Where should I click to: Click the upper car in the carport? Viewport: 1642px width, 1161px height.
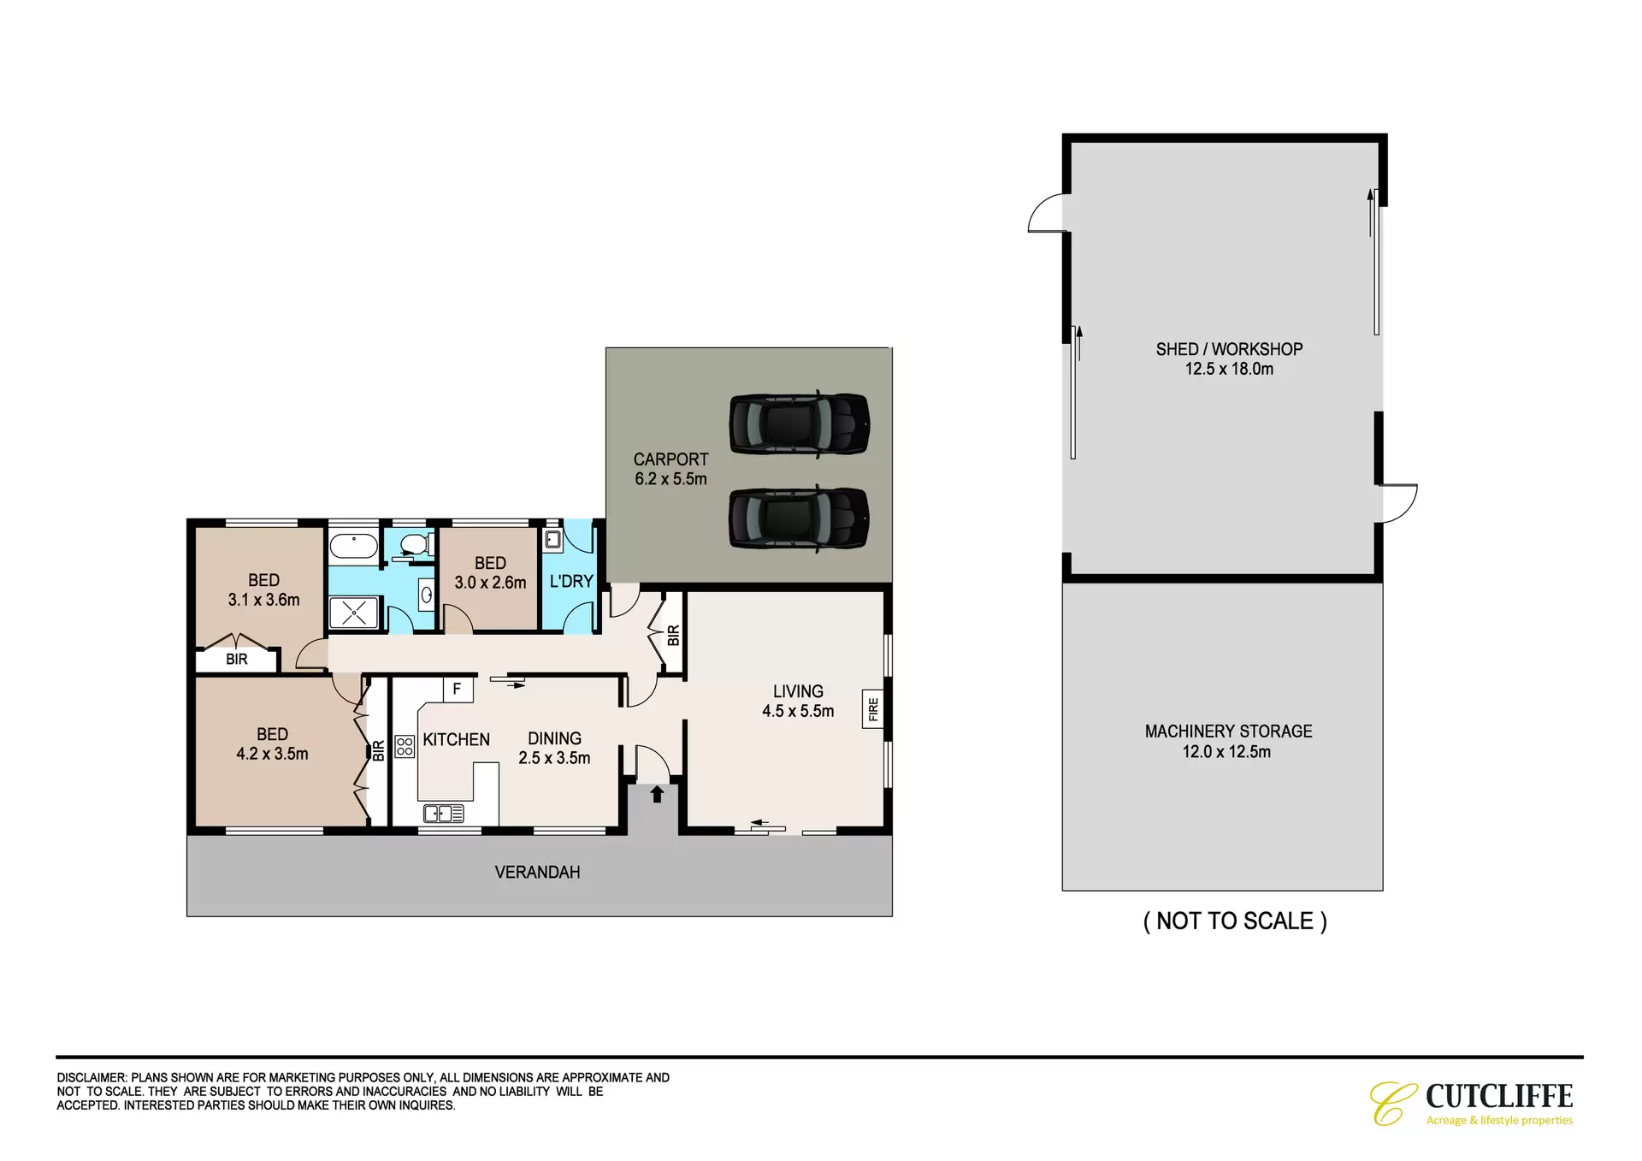800,424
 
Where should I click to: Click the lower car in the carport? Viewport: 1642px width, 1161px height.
800,518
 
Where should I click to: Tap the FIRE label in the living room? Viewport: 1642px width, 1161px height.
872,709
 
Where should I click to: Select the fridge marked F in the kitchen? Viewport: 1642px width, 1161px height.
458,689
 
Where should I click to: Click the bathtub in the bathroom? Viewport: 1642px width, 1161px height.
354,546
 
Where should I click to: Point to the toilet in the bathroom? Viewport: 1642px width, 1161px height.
416,544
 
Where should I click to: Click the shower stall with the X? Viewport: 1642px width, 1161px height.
354,613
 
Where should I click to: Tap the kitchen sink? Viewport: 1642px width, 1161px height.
444,813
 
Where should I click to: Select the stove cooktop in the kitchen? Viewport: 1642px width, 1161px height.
405,746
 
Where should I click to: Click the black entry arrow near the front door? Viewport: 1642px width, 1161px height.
657,794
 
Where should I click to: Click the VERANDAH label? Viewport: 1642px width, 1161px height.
537,872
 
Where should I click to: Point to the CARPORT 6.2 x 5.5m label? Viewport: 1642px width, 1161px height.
670,469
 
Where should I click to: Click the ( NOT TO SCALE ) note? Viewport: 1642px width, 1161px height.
1235,921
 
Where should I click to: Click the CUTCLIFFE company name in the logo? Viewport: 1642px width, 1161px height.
1499,1096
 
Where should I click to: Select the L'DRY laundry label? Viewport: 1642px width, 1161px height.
571,581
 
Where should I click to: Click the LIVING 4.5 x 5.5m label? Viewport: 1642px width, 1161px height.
798,701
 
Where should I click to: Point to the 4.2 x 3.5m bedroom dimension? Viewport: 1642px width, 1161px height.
272,754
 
